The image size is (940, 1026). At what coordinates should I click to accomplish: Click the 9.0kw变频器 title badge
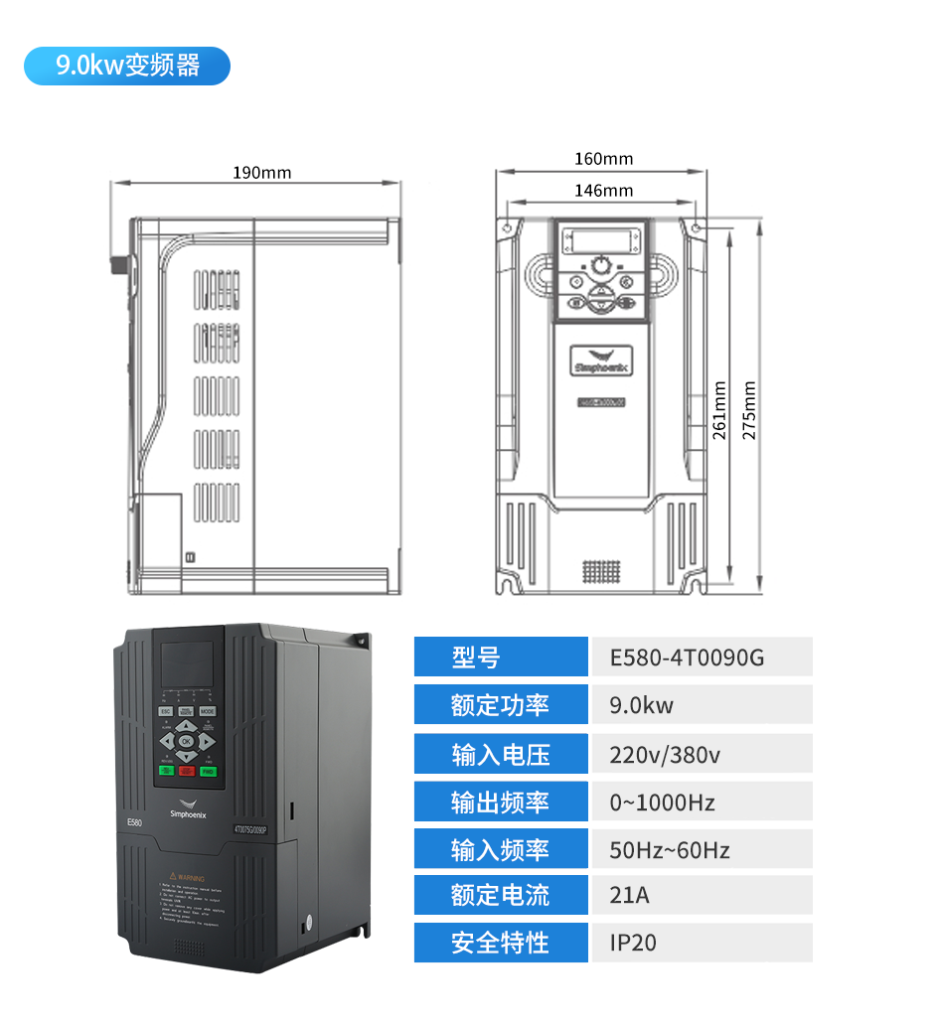point(127,66)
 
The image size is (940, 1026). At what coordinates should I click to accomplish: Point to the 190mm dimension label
point(262,173)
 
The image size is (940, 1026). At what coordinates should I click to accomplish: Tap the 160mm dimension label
point(603,159)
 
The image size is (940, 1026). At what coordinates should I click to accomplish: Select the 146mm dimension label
point(603,191)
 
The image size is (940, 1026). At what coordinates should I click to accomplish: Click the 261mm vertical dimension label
point(719,410)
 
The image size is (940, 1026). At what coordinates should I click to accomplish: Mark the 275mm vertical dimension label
point(749,410)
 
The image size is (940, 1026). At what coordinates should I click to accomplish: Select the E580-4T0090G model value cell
point(702,658)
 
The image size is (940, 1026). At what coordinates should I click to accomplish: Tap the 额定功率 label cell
point(501,705)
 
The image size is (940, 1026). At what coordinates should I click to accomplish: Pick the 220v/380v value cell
point(702,755)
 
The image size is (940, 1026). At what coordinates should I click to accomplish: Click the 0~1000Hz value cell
point(702,802)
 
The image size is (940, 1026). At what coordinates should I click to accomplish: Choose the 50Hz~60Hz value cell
point(702,850)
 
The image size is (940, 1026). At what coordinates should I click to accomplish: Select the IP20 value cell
point(702,943)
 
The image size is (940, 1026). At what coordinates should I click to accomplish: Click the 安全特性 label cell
point(501,943)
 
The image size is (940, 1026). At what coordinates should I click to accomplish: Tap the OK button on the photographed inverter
point(187,740)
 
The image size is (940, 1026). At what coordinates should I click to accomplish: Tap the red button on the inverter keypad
point(187,771)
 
